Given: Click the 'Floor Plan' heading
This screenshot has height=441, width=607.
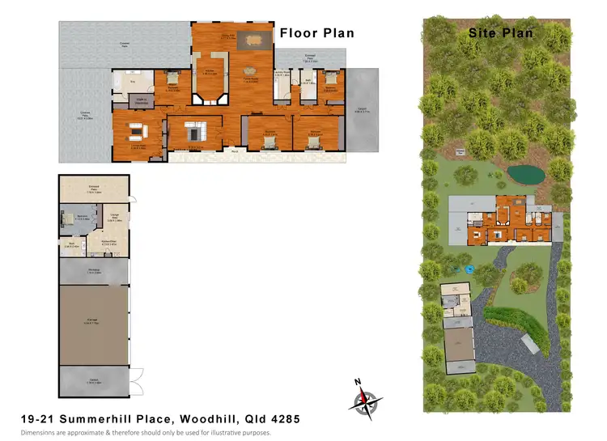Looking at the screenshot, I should tap(316, 33).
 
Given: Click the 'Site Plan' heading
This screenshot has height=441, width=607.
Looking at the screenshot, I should tap(501, 33).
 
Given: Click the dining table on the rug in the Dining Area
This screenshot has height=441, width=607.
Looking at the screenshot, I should tap(253, 39).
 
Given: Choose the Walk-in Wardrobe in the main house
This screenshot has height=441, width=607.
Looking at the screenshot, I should tap(140, 100).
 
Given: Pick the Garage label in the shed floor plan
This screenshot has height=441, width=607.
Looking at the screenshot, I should tap(92, 320).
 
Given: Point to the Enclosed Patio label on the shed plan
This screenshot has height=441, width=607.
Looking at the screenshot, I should tap(94, 188).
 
